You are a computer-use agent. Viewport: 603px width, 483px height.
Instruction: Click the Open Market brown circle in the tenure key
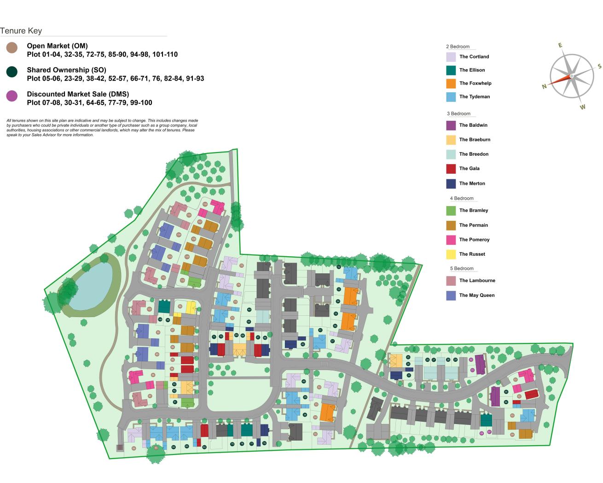(x=12, y=47)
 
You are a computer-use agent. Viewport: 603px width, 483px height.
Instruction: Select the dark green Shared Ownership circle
(x=12, y=71)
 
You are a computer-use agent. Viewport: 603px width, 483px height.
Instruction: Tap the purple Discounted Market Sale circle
(x=12, y=96)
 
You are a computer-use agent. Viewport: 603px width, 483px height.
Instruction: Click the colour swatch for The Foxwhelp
(x=451, y=83)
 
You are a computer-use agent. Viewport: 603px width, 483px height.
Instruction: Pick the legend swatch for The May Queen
(x=451, y=295)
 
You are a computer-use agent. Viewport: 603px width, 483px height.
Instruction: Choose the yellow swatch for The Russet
(x=451, y=254)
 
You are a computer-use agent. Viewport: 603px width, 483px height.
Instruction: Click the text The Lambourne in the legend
(x=477, y=281)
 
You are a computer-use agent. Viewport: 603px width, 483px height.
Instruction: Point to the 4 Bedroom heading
(x=462, y=199)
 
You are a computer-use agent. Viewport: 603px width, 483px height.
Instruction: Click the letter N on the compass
(x=544, y=86)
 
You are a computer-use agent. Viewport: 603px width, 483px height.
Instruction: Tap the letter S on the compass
(x=599, y=66)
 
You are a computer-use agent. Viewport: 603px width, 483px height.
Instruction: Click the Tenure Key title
(x=21, y=31)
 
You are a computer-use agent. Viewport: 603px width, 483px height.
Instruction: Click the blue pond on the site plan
(x=92, y=286)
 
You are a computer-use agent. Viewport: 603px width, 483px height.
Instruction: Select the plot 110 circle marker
(x=182, y=280)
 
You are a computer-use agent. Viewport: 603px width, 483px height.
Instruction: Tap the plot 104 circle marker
(x=179, y=235)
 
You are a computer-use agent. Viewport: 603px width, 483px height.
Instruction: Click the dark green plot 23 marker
(x=409, y=375)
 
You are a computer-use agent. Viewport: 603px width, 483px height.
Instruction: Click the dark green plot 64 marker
(x=249, y=310)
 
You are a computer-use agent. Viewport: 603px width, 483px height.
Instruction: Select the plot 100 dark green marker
(x=160, y=319)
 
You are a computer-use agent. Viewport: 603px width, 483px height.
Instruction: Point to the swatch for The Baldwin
(x=451, y=125)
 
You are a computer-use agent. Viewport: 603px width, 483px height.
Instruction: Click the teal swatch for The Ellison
(x=451, y=70)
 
